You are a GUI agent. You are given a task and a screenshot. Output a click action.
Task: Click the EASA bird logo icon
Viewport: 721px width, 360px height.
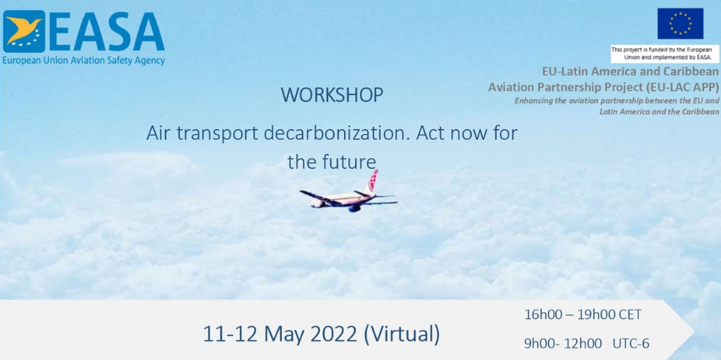click(24, 31)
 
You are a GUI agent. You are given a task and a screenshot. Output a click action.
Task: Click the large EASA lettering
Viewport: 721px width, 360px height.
click(106, 31)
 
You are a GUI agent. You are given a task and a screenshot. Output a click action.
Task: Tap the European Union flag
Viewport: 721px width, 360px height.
click(680, 23)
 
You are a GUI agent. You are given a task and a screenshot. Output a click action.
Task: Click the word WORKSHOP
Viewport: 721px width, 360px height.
click(332, 95)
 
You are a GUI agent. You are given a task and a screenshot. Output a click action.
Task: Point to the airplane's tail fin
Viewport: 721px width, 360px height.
click(371, 181)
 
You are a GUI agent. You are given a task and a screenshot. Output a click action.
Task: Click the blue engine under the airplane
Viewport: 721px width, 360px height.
click(354, 208)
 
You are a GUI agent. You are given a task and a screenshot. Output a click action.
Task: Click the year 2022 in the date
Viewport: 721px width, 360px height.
click(333, 335)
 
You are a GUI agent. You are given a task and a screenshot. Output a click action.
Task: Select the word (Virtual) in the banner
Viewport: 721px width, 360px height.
click(402, 335)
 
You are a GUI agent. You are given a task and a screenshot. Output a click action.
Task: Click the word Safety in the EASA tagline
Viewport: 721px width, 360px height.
click(113, 60)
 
